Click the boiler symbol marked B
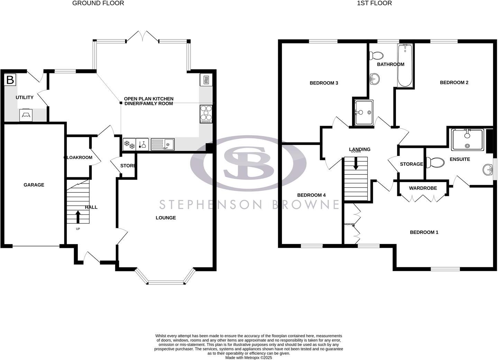coord(10,80)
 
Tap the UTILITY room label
coord(25,98)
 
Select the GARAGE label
coord(34,185)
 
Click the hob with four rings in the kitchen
coord(206,114)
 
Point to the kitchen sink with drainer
coord(163,144)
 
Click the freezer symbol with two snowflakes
coord(129,144)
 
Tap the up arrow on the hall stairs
coord(77,217)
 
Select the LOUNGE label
coord(166,218)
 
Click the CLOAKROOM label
coord(79,157)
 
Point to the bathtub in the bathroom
coord(405,66)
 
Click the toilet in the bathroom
coord(376,55)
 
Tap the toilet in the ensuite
coord(435,162)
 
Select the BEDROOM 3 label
coord(324,83)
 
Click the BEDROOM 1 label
coord(424,232)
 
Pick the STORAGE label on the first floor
coord(411,164)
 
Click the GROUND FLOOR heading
coord(98,3)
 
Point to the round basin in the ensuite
coord(488,169)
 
